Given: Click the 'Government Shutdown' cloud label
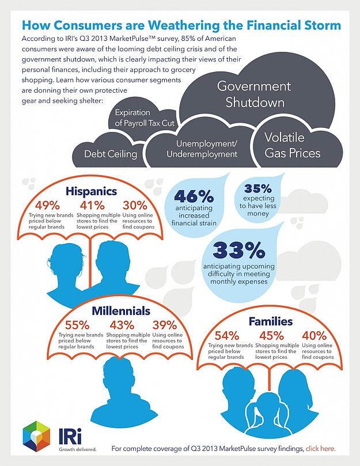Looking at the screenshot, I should tap(253, 95).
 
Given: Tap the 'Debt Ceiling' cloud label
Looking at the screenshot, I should tap(111, 154).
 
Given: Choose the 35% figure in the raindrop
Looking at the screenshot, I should tap(257, 188).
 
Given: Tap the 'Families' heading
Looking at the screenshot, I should tap(270, 321).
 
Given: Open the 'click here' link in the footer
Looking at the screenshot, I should tap(320, 448).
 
